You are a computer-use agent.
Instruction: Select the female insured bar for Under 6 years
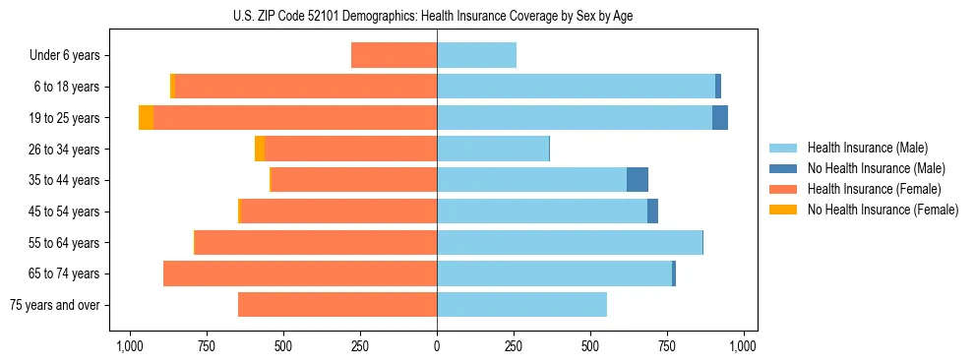[394, 55]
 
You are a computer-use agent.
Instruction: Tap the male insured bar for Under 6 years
[476, 55]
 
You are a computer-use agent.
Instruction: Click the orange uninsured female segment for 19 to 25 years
[146, 118]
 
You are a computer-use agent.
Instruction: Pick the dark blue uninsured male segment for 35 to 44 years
[638, 180]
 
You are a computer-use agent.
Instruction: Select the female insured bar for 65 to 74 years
[300, 273]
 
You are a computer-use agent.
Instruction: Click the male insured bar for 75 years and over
[521, 305]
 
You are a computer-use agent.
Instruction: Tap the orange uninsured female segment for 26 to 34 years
[260, 149]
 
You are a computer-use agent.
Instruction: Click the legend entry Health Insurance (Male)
[861, 148]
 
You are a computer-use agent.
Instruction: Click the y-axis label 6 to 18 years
[67, 87]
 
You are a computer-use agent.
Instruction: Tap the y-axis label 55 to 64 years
[64, 242]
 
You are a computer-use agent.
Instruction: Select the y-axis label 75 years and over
[54, 305]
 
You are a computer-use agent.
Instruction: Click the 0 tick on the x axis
[437, 346]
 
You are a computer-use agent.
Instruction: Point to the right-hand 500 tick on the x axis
[590, 346]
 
